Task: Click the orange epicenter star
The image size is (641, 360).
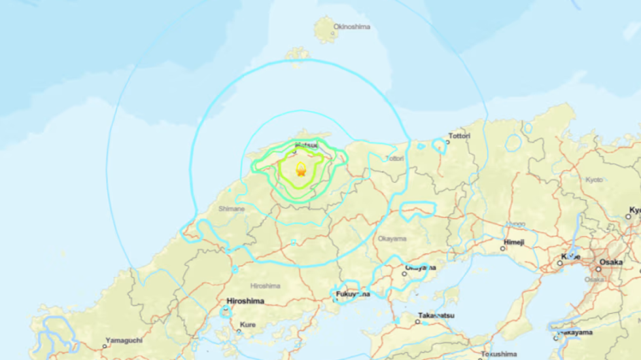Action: click(x=301, y=172)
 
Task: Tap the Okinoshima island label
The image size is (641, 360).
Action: click(x=352, y=27)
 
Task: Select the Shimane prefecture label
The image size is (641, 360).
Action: click(x=232, y=209)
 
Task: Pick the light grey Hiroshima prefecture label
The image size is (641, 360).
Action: click(x=265, y=286)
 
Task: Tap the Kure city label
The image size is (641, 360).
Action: click(x=248, y=325)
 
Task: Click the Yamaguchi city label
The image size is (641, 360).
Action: click(x=127, y=341)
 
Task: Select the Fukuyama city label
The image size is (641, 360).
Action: click(x=353, y=295)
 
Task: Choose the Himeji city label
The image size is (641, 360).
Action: click(x=513, y=242)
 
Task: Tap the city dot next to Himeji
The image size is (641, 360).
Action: click(x=504, y=249)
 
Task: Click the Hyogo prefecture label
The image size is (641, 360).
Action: click(x=515, y=224)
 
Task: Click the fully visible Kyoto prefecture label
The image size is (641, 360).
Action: click(x=595, y=179)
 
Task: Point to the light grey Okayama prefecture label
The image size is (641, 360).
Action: click(x=392, y=238)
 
